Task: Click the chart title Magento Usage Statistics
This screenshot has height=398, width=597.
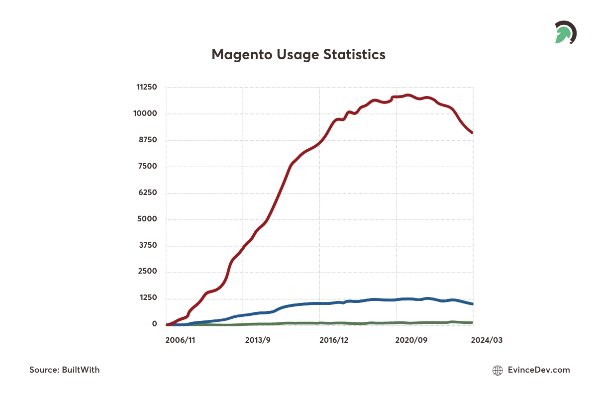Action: [298, 54]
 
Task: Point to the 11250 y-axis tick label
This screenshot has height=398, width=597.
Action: [146, 88]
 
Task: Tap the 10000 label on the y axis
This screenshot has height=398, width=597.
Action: [146, 114]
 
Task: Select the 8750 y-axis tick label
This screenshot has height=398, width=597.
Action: [148, 140]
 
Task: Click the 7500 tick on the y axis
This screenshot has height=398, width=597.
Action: [148, 167]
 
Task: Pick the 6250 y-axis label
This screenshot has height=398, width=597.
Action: [148, 193]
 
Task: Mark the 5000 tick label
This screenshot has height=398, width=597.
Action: [148, 219]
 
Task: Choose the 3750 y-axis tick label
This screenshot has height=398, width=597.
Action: [148, 246]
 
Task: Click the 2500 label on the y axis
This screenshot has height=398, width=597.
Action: [148, 272]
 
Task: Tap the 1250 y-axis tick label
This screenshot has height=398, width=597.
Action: [148, 298]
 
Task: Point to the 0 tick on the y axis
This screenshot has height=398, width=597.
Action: [154, 324]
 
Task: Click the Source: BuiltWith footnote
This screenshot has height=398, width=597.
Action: [64, 370]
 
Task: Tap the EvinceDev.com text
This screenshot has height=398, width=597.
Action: [539, 370]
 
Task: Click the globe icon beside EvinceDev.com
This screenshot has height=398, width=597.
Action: [497, 370]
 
